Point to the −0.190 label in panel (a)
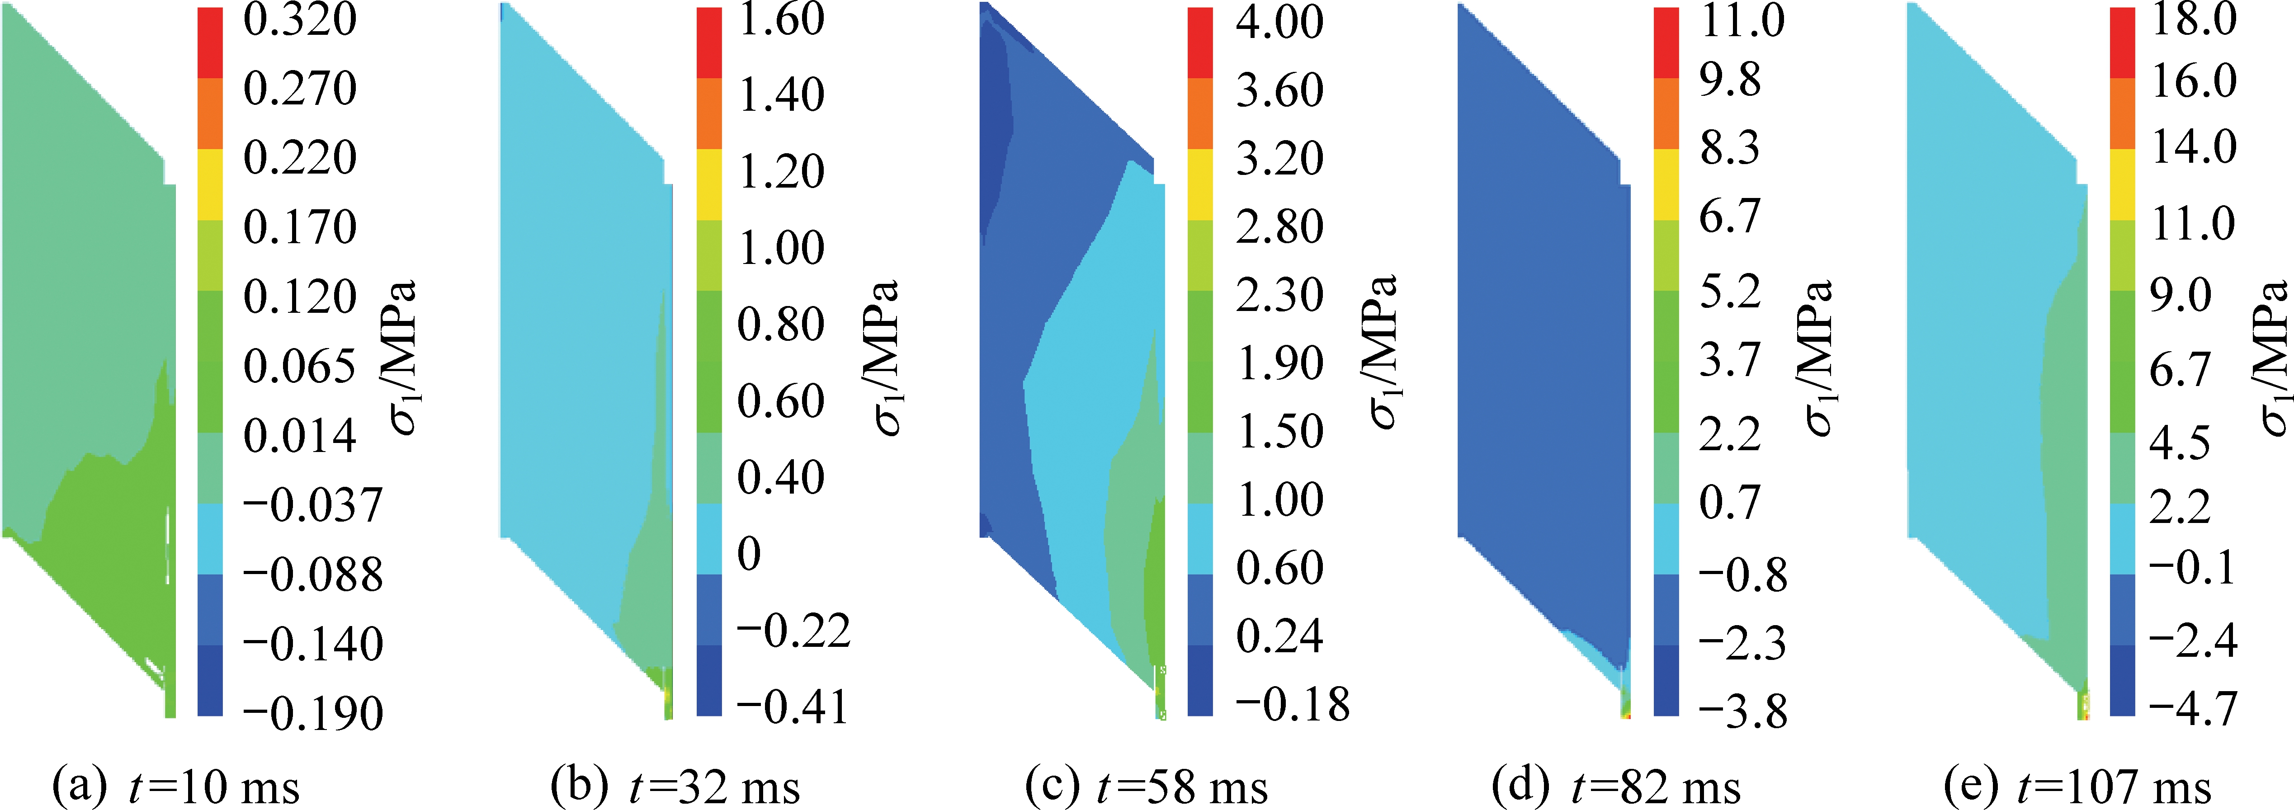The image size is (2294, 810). pyautogui.click(x=312, y=713)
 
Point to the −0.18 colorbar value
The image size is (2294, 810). pyautogui.click(x=1291, y=704)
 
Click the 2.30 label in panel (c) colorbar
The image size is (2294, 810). pyautogui.click(x=1279, y=295)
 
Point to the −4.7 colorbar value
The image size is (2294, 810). pyautogui.click(x=2192, y=709)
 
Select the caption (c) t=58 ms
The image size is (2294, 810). pyautogui.click(x=1146, y=787)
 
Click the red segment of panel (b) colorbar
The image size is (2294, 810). pyautogui.click(x=709, y=43)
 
